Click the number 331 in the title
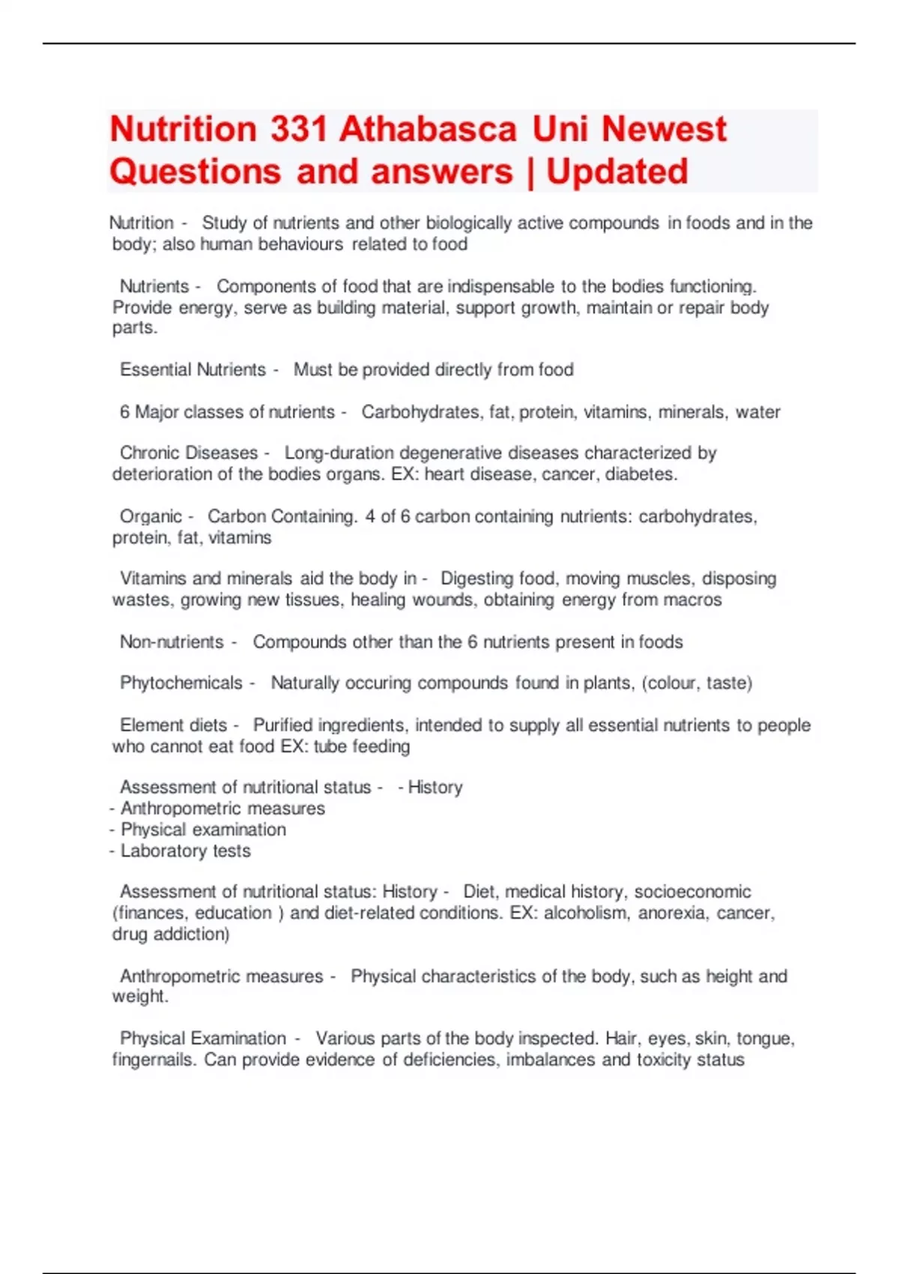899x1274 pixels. point(298,129)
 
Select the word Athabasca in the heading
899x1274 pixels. point(428,129)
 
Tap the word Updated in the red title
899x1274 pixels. point(617,172)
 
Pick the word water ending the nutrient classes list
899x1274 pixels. point(758,412)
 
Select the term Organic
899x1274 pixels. point(151,516)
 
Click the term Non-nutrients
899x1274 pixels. point(172,642)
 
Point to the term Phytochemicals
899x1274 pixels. point(181,683)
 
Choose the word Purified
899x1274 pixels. point(282,725)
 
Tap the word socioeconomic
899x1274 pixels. point(692,892)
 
